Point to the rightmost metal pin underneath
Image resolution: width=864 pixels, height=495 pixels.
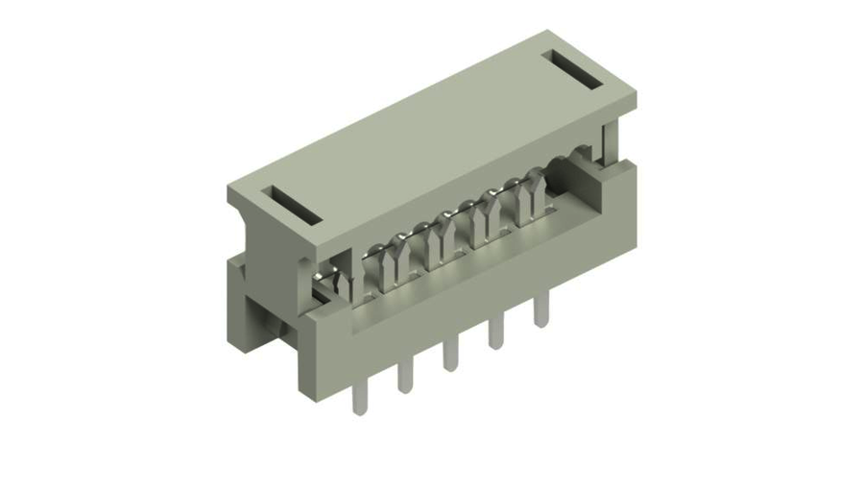click(541, 311)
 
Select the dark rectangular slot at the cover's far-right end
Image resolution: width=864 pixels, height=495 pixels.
click(577, 70)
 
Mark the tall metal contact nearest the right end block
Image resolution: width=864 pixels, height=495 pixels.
click(530, 197)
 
